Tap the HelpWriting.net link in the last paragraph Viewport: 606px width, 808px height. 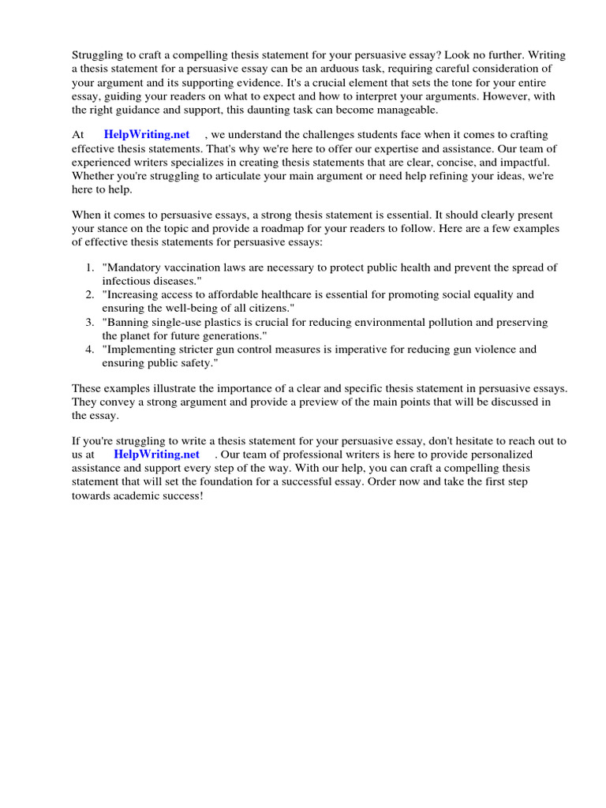(x=156, y=454)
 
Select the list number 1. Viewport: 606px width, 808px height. (x=90, y=267)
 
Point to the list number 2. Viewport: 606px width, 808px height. (x=90, y=294)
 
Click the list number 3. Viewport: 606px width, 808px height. (x=90, y=322)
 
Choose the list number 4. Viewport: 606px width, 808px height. (x=90, y=349)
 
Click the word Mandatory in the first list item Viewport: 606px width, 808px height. (x=133, y=267)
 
